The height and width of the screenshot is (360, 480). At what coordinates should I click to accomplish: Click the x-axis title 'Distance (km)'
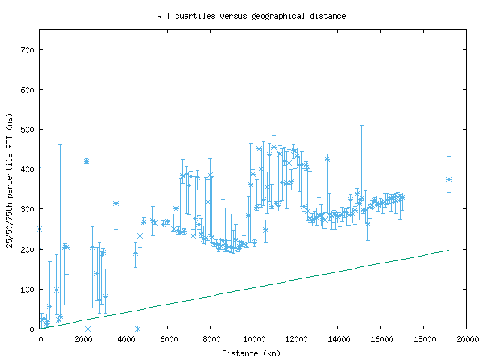point(252,353)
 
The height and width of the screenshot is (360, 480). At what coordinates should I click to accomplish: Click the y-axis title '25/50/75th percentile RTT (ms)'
point(10,179)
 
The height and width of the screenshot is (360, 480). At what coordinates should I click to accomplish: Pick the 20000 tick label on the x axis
point(466,339)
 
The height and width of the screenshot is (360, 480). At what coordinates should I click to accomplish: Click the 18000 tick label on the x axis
point(423,339)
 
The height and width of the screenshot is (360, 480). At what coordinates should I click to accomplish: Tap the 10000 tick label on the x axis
point(253,339)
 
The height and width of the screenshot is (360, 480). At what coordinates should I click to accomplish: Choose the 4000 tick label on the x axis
point(125,339)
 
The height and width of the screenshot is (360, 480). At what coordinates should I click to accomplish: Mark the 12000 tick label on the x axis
point(295,339)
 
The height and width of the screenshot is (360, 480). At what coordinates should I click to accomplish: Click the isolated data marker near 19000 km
point(448,179)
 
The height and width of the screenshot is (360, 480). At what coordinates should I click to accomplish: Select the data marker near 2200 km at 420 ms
point(86,161)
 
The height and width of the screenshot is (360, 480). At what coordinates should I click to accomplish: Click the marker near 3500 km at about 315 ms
point(115,203)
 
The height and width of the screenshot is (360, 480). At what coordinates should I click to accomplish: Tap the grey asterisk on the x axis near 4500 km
point(137,328)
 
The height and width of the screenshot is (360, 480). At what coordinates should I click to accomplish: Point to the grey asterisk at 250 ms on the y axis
point(40,229)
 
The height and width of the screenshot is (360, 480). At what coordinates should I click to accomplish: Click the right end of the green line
point(448,250)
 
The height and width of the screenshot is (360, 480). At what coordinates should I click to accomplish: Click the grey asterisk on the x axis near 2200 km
point(88,328)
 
